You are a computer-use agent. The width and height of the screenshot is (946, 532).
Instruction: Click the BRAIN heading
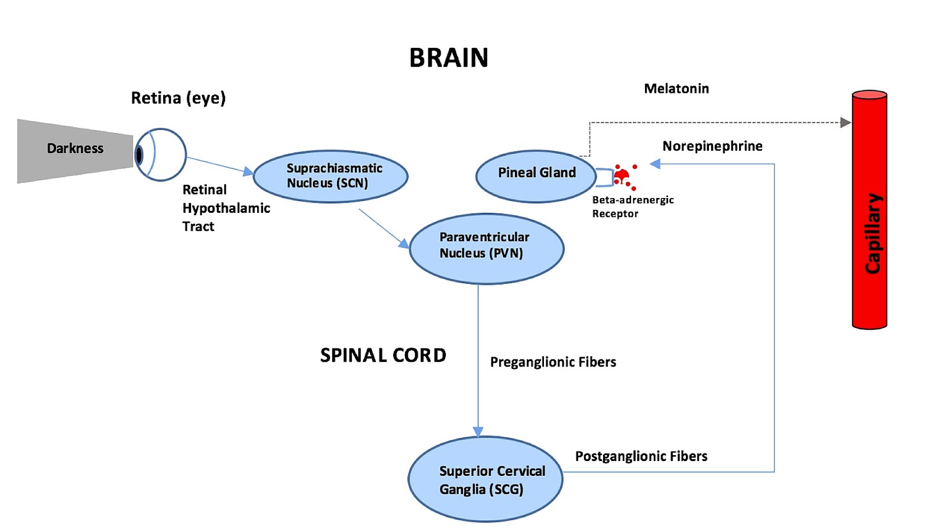[x=449, y=58]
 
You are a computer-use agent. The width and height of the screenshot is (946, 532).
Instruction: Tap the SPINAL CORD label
[x=383, y=355]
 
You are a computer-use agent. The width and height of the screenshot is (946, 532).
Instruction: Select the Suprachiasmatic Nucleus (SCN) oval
[x=331, y=176]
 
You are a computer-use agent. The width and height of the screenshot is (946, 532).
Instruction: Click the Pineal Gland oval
[x=536, y=176]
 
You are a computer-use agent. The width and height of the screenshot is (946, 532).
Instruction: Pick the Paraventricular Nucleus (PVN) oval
[x=486, y=248]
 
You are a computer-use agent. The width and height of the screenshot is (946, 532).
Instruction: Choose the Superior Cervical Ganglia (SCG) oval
[x=485, y=479]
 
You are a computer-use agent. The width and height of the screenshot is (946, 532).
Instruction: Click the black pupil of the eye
[x=140, y=155]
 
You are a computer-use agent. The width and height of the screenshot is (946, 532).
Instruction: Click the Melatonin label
[x=676, y=89]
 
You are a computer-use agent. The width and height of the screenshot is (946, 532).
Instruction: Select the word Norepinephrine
[x=712, y=146]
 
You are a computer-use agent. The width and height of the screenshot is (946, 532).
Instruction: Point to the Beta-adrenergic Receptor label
[x=633, y=206]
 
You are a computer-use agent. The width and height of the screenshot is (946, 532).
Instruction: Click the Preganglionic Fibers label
[x=553, y=362]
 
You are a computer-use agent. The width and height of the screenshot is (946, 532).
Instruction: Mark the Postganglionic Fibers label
[x=641, y=456]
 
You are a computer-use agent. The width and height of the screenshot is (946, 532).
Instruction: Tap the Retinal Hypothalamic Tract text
[x=225, y=208]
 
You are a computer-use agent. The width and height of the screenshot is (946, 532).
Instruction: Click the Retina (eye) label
[x=178, y=98]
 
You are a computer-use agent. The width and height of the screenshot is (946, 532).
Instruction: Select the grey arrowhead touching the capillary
[x=845, y=122]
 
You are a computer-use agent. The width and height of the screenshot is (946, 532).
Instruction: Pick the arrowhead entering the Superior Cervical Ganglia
[x=478, y=432]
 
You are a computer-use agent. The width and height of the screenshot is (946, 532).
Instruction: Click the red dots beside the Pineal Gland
[x=624, y=176]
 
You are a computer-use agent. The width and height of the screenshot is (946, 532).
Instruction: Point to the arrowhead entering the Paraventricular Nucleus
[x=404, y=243]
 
